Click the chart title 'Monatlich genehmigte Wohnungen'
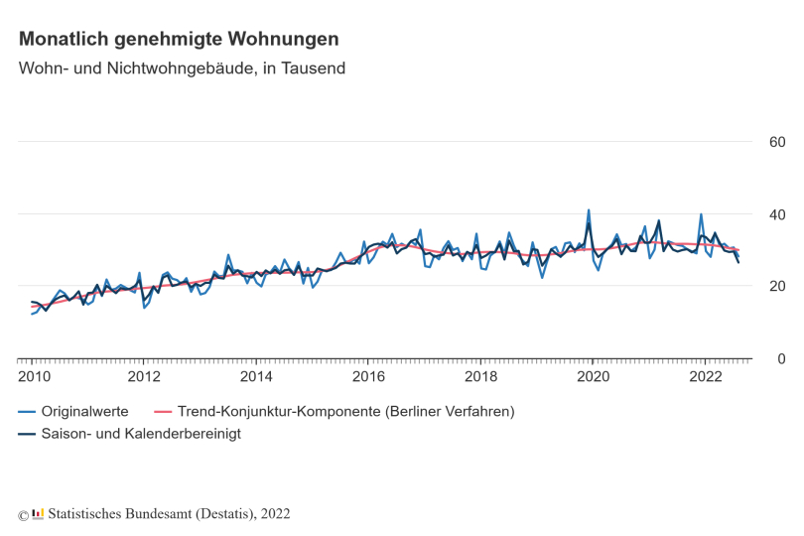coord(179,39)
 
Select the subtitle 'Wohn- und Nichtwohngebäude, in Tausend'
coord(182,68)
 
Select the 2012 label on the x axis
coord(144,376)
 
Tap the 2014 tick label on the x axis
coord(256,376)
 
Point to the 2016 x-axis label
coord(368,376)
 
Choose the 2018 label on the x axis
coord(481,376)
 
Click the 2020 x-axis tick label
coord(594,376)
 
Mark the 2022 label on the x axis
coord(706,376)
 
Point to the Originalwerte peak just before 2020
coord(589,210)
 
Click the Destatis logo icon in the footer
coord(39,513)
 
